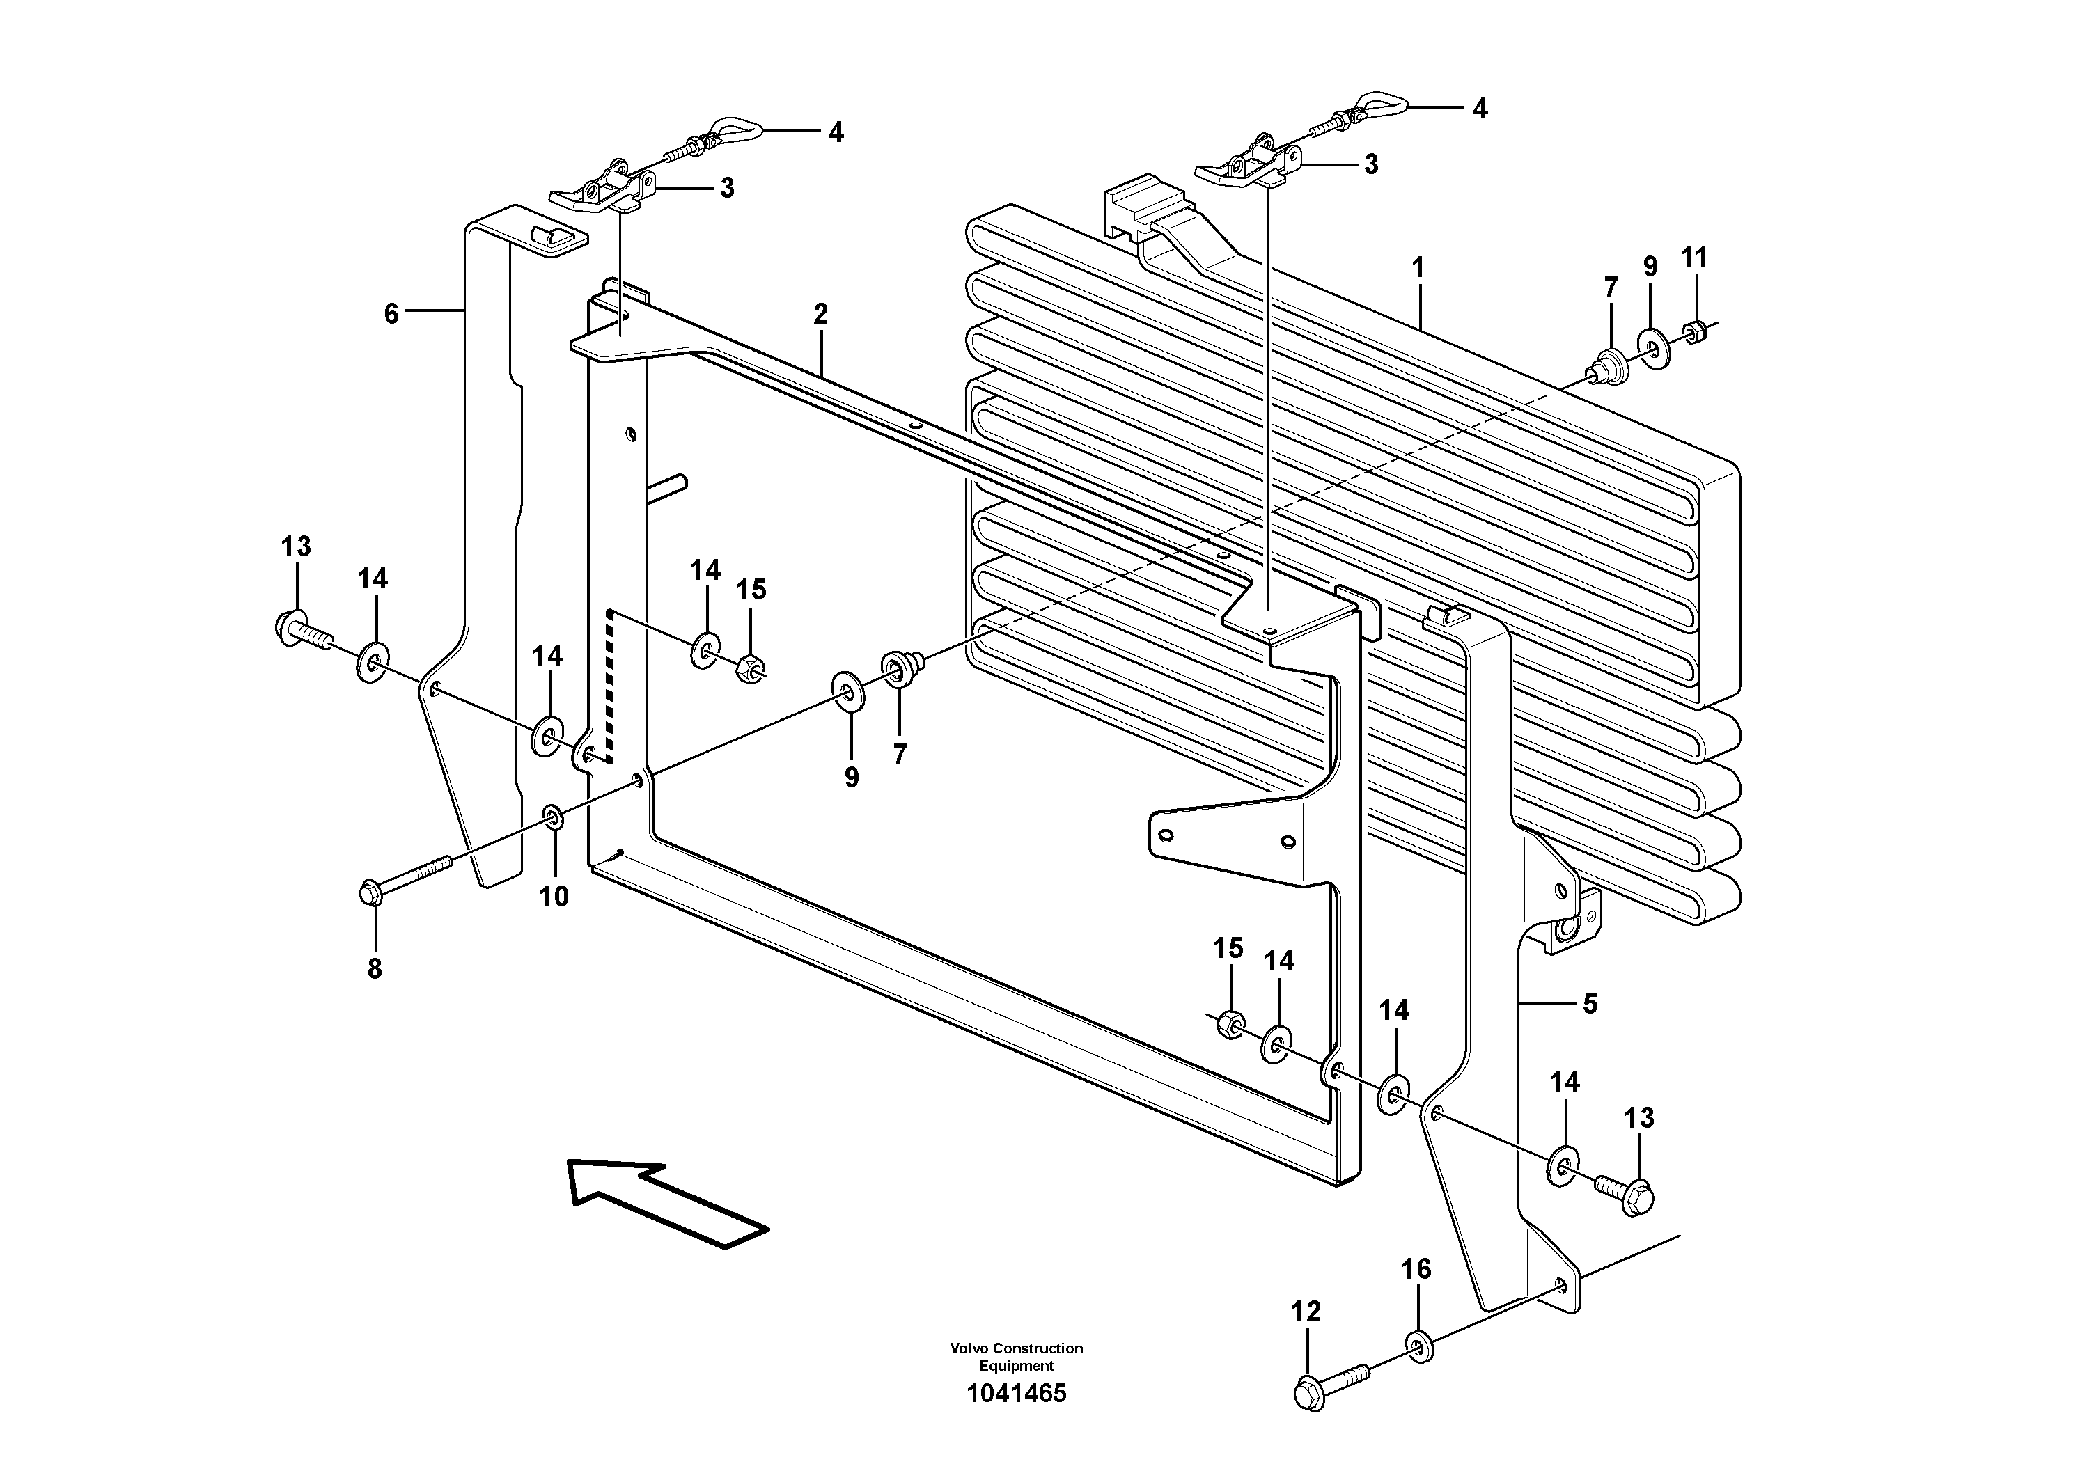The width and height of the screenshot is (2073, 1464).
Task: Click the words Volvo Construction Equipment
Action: tap(1016, 1357)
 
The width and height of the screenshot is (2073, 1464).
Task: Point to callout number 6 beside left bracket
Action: tap(391, 314)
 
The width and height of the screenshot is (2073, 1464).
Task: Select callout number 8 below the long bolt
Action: tap(374, 968)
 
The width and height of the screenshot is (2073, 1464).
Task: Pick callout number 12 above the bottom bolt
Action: tap(1306, 1312)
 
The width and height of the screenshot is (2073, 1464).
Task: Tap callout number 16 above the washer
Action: tap(1416, 1269)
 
